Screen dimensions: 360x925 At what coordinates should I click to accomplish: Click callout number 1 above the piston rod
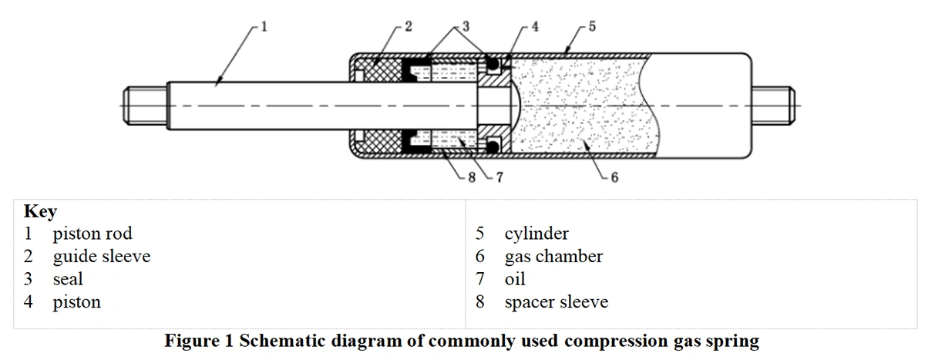264,26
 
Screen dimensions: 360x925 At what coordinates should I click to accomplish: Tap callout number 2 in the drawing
409,26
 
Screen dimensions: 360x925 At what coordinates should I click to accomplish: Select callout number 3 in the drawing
465,26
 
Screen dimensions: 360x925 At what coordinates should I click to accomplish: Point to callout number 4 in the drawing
535,26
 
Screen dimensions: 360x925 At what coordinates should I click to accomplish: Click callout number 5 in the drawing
591,26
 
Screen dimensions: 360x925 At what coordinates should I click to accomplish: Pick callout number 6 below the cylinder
614,178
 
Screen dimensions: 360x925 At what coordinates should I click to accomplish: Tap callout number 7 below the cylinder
499,178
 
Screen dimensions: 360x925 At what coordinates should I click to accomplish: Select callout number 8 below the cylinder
473,178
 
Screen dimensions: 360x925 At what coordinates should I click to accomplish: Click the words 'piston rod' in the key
92,233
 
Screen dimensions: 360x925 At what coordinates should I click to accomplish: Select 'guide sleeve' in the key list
101,256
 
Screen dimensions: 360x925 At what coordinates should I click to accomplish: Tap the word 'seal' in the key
68,278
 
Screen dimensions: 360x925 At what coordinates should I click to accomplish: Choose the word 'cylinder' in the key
536,233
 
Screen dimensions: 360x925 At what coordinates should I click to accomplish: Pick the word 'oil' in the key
515,278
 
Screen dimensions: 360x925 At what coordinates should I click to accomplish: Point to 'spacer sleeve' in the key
556,301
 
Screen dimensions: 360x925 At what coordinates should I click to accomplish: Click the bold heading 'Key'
40,212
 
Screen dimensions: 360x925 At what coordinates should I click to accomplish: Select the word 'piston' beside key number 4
76,301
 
